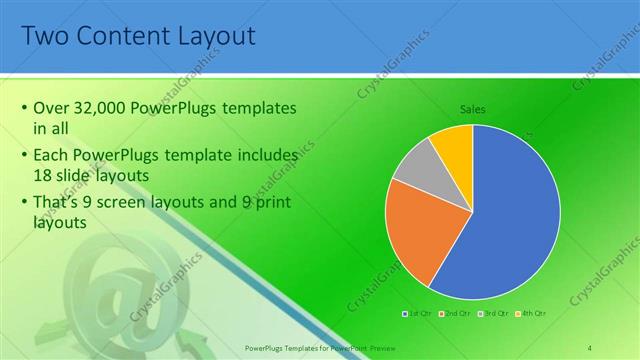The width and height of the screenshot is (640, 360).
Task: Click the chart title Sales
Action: [x=473, y=108]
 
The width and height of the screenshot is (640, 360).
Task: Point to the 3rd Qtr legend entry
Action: [x=494, y=314]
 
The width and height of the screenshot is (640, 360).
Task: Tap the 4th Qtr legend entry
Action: [x=532, y=314]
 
